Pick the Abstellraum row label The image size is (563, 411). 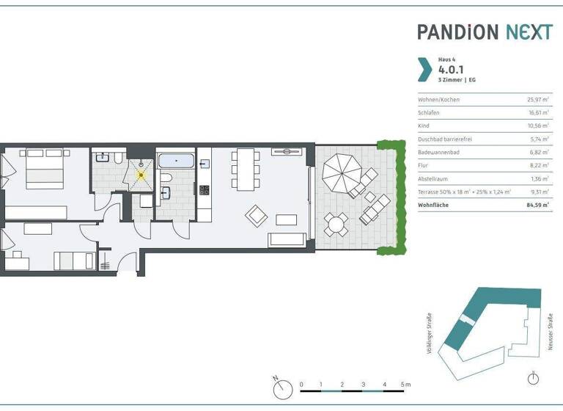433,178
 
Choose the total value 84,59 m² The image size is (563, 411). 538,205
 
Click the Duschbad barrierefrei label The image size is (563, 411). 446,139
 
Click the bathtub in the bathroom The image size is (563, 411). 177,160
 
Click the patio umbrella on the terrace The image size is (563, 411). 342,172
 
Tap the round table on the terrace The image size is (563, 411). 337,224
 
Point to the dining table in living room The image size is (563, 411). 244,167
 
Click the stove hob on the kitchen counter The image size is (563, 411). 204,189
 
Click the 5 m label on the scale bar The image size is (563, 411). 406,385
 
